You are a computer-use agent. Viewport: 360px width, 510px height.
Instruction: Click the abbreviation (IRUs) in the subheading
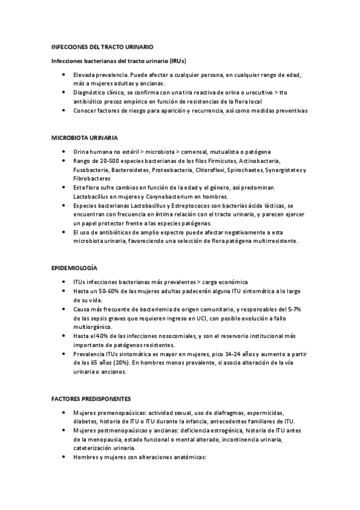[177, 61]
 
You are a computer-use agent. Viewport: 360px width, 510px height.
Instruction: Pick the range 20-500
[106, 162]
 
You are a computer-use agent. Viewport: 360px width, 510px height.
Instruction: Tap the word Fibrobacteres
[91, 179]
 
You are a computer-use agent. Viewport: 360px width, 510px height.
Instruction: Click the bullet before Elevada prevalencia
[64, 75]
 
